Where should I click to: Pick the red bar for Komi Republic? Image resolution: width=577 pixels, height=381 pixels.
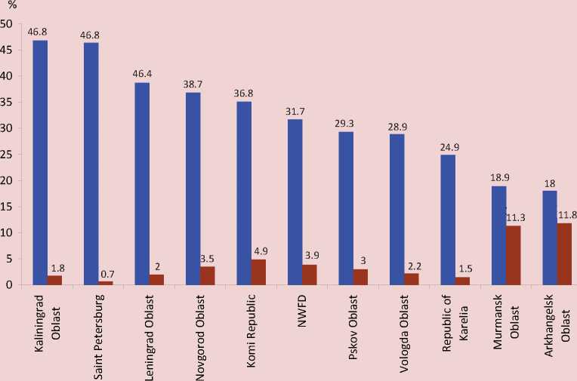tap(258, 272)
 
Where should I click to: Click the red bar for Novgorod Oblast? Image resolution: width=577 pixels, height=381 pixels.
tap(208, 275)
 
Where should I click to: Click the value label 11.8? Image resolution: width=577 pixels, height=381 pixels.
tap(566, 215)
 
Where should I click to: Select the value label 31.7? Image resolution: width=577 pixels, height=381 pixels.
tap(295, 111)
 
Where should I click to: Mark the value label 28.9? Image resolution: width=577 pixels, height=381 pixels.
tap(397, 125)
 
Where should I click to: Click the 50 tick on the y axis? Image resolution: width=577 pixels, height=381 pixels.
tap(7, 23)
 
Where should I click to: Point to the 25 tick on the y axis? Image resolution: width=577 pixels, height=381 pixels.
tap(7, 154)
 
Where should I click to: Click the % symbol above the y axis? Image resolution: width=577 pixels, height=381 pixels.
tap(11, 6)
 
